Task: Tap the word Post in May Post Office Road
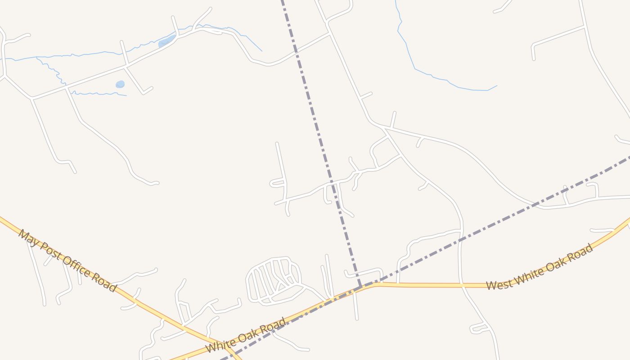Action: pyautogui.click(x=48, y=251)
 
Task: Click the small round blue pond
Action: pyautogui.click(x=120, y=84)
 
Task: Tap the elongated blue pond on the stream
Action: pyautogui.click(x=166, y=42)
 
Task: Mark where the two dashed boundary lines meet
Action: pyautogui.click(x=360, y=286)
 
